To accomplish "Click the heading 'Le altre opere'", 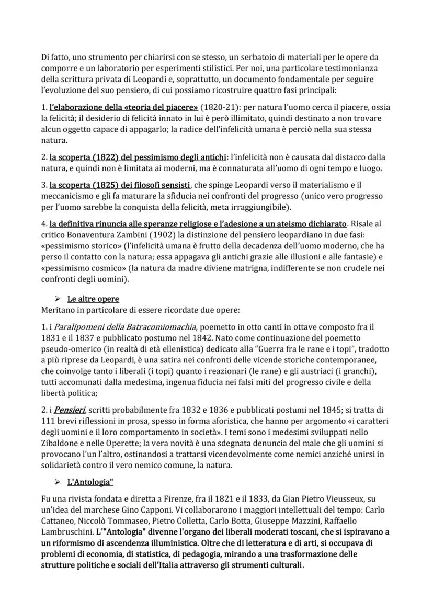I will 93,299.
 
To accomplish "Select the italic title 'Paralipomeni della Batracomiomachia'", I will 121,326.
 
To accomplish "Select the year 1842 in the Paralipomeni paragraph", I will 193,337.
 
